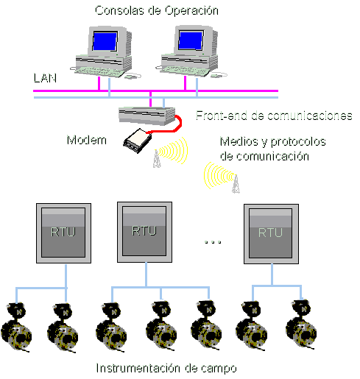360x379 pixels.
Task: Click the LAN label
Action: coord(45,78)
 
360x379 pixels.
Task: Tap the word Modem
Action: coord(87,140)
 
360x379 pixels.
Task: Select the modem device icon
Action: coord(137,141)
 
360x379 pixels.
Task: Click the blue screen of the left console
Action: coord(105,41)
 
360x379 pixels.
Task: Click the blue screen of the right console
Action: coord(191,40)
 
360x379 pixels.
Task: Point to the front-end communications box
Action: coord(147,116)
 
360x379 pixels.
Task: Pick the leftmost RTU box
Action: coord(63,233)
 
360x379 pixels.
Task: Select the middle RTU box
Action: coord(144,232)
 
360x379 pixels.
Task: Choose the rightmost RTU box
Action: coord(271,234)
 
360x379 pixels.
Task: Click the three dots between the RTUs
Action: coord(213,242)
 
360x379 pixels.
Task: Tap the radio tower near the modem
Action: coord(157,158)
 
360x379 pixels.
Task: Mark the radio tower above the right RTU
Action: coord(236,184)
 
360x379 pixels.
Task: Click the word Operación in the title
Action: coord(191,11)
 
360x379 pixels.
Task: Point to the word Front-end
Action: coord(222,116)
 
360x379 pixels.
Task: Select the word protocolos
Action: coord(298,142)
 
